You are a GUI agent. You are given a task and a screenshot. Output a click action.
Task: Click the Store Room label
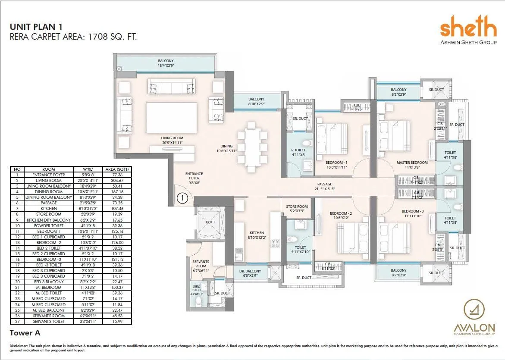(297, 209)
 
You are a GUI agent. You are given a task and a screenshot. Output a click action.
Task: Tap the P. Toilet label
(298, 152)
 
